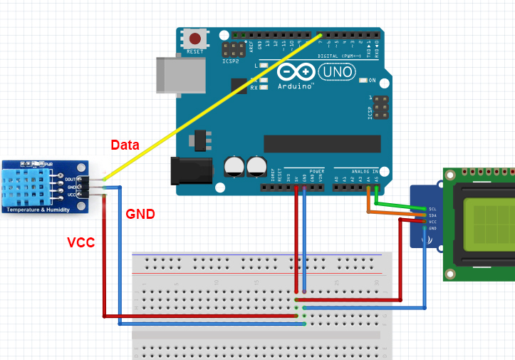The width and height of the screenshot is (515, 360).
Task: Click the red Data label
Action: tap(125, 145)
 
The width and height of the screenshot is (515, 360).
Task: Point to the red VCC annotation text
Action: tap(80, 242)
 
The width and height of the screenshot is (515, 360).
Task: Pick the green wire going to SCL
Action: tap(399, 207)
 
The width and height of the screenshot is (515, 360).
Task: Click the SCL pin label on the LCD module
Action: tap(432, 209)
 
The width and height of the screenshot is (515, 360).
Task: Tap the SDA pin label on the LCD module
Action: tap(432, 215)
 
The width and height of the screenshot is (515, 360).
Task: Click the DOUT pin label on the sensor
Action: tap(70, 180)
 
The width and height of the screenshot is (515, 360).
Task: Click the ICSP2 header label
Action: tap(230, 61)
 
